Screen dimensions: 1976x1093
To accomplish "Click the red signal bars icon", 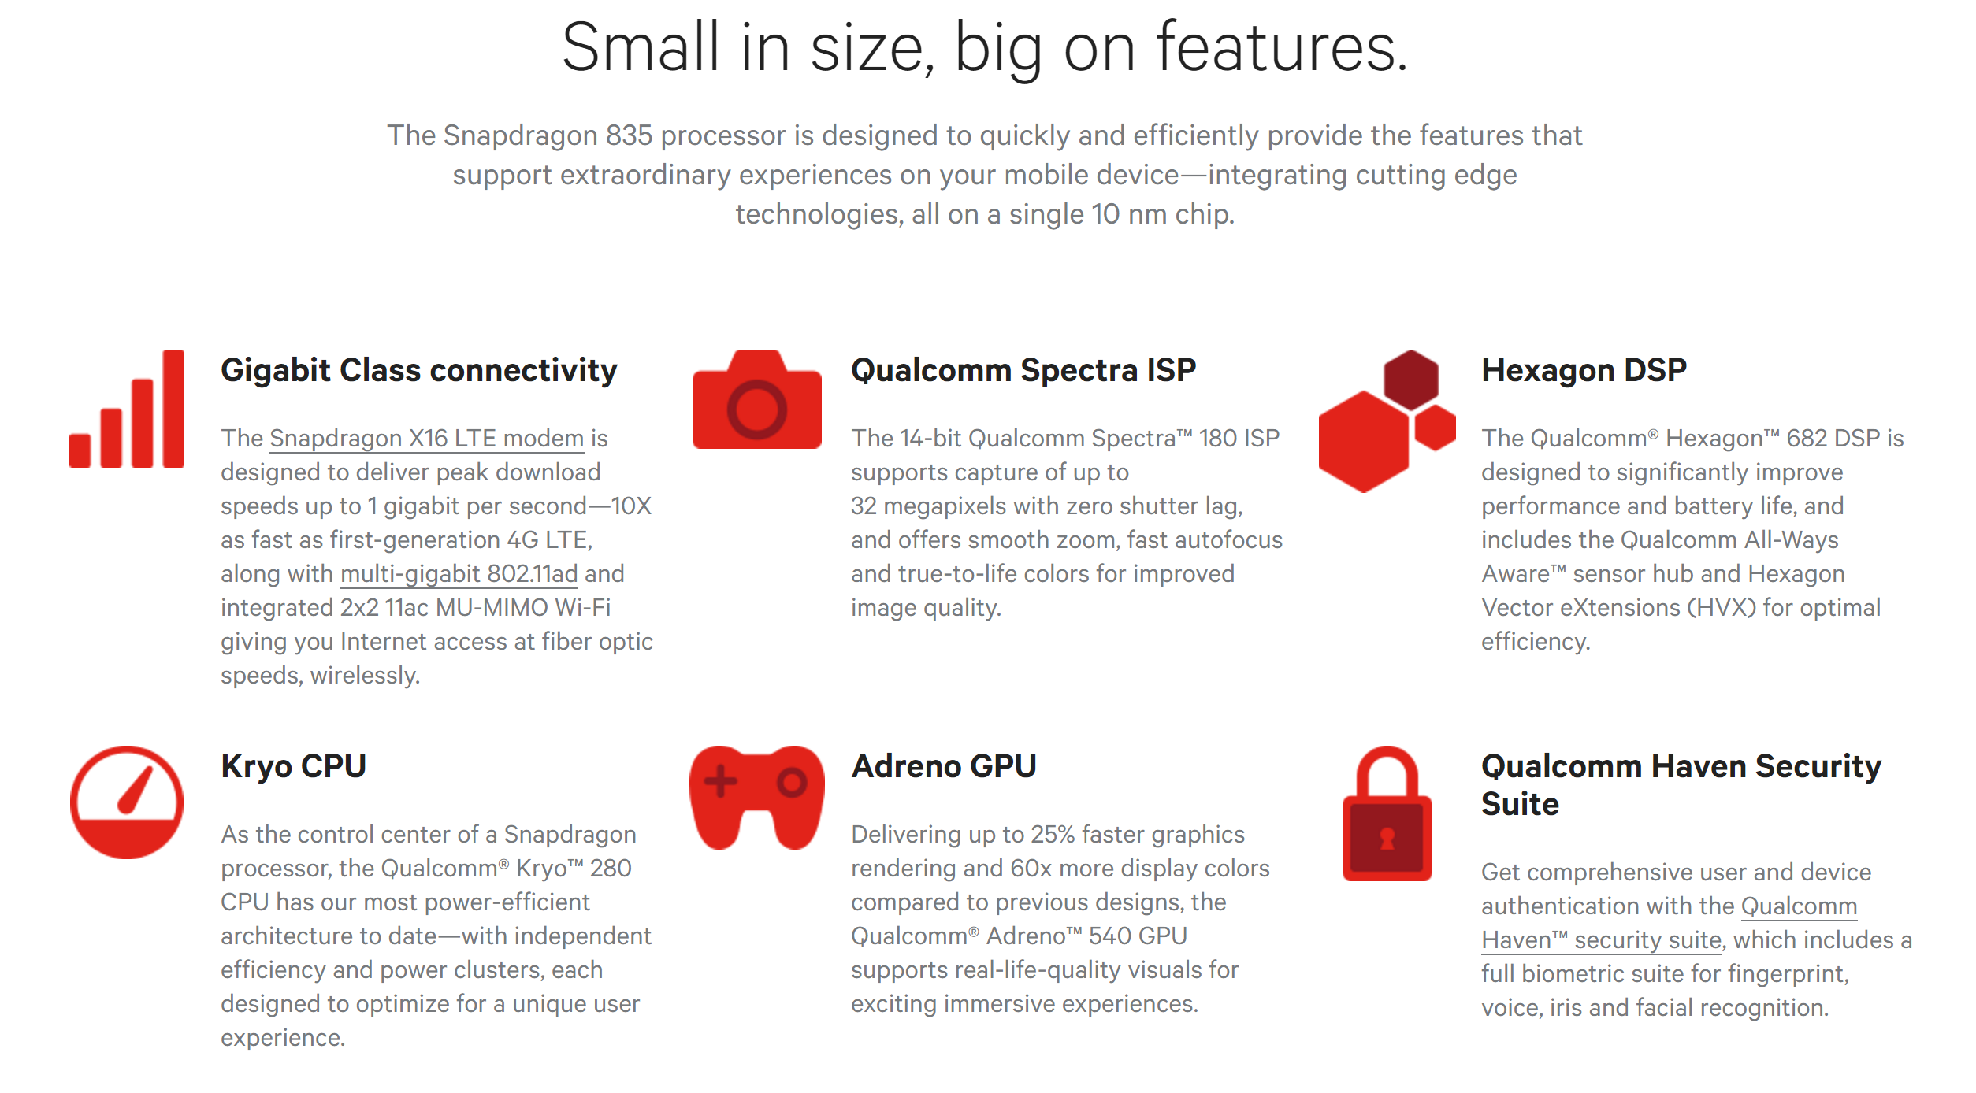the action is (x=127, y=409).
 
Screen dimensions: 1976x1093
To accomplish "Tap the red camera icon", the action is (x=757, y=399).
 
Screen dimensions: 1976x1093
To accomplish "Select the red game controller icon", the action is (x=757, y=797).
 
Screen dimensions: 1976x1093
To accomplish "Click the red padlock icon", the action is (x=1387, y=813).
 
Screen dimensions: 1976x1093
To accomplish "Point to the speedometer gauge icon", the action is (x=127, y=802).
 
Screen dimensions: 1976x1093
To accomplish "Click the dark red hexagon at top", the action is (x=1411, y=380).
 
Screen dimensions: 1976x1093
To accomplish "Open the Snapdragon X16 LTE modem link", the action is (x=426, y=438).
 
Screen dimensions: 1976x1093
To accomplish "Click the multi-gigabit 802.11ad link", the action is (x=459, y=573).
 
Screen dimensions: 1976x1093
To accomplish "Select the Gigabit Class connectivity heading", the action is (x=419, y=370).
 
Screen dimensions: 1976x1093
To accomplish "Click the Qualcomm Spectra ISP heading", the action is (x=1023, y=370).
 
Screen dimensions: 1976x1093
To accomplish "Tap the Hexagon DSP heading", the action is (x=1584, y=370).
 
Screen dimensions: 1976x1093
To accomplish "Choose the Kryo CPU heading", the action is (x=293, y=766).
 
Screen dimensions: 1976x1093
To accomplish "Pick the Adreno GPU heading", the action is (x=944, y=766).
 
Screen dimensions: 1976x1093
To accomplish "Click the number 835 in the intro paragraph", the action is (x=629, y=135).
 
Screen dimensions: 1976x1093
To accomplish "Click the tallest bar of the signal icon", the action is (x=173, y=409).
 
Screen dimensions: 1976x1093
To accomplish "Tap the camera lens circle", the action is (x=756, y=409).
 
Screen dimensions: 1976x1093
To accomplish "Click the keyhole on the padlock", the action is (x=1387, y=839).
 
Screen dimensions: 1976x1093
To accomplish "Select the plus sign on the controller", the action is (x=720, y=782).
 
